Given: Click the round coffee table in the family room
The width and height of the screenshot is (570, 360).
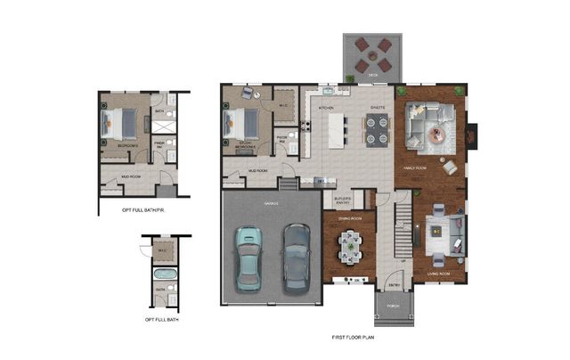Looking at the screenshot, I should pyautogui.click(x=436, y=134).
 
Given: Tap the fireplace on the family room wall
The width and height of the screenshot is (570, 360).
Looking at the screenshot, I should pyautogui.click(x=472, y=133).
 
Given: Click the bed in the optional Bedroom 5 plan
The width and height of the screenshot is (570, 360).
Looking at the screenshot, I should pyautogui.click(x=120, y=121).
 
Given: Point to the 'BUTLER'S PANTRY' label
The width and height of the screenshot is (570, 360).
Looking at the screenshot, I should pyautogui.click(x=343, y=200).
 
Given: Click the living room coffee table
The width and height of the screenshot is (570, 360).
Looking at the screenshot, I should pyautogui.click(x=437, y=230).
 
